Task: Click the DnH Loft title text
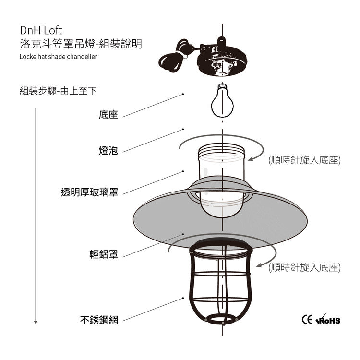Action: coord(41,31)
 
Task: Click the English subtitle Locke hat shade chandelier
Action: coord(59,56)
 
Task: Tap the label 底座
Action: coord(108,115)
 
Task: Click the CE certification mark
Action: coord(307,319)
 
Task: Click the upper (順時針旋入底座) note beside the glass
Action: coord(304,160)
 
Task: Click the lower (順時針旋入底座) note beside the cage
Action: coord(304,268)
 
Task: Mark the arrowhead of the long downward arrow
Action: coord(36,321)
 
